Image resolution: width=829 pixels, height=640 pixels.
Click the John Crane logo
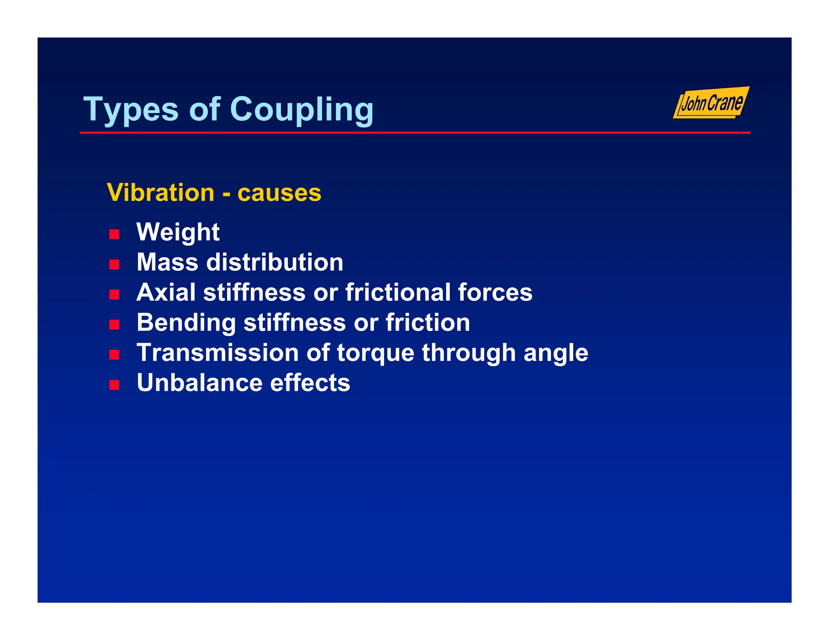711,103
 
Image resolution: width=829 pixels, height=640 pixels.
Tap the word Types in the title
130,110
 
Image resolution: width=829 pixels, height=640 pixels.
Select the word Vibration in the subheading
160,193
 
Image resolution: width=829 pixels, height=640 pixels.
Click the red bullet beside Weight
114,234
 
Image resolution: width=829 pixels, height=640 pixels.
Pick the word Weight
178,232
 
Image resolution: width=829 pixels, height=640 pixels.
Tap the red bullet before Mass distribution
114,265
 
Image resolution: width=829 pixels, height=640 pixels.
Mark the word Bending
186,323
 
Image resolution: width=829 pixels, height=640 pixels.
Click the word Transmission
217,352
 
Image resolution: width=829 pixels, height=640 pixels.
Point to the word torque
375,353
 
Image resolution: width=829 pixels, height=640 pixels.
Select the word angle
555,353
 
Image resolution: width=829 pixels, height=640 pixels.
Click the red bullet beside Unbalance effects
114,385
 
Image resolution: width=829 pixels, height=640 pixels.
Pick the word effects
310,383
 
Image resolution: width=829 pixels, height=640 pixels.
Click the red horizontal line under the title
414,133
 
